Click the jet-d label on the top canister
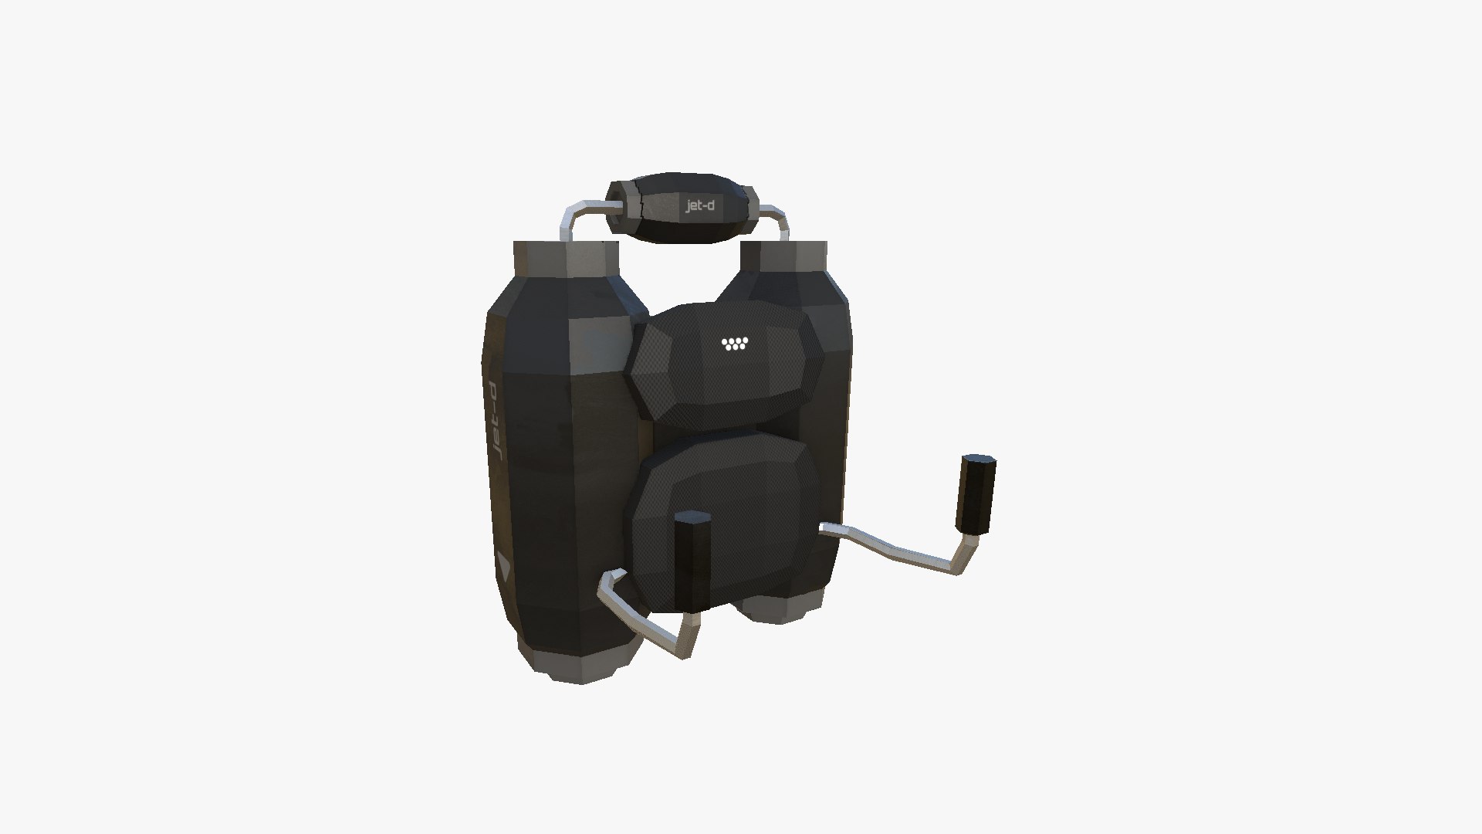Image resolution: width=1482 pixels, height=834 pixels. point(700,206)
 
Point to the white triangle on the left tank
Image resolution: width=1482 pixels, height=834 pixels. point(503,568)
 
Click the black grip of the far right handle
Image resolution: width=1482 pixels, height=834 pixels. point(976,494)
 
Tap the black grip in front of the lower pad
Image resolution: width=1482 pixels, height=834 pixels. point(692,561)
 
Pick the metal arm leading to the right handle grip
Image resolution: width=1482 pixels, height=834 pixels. point(895,544)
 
